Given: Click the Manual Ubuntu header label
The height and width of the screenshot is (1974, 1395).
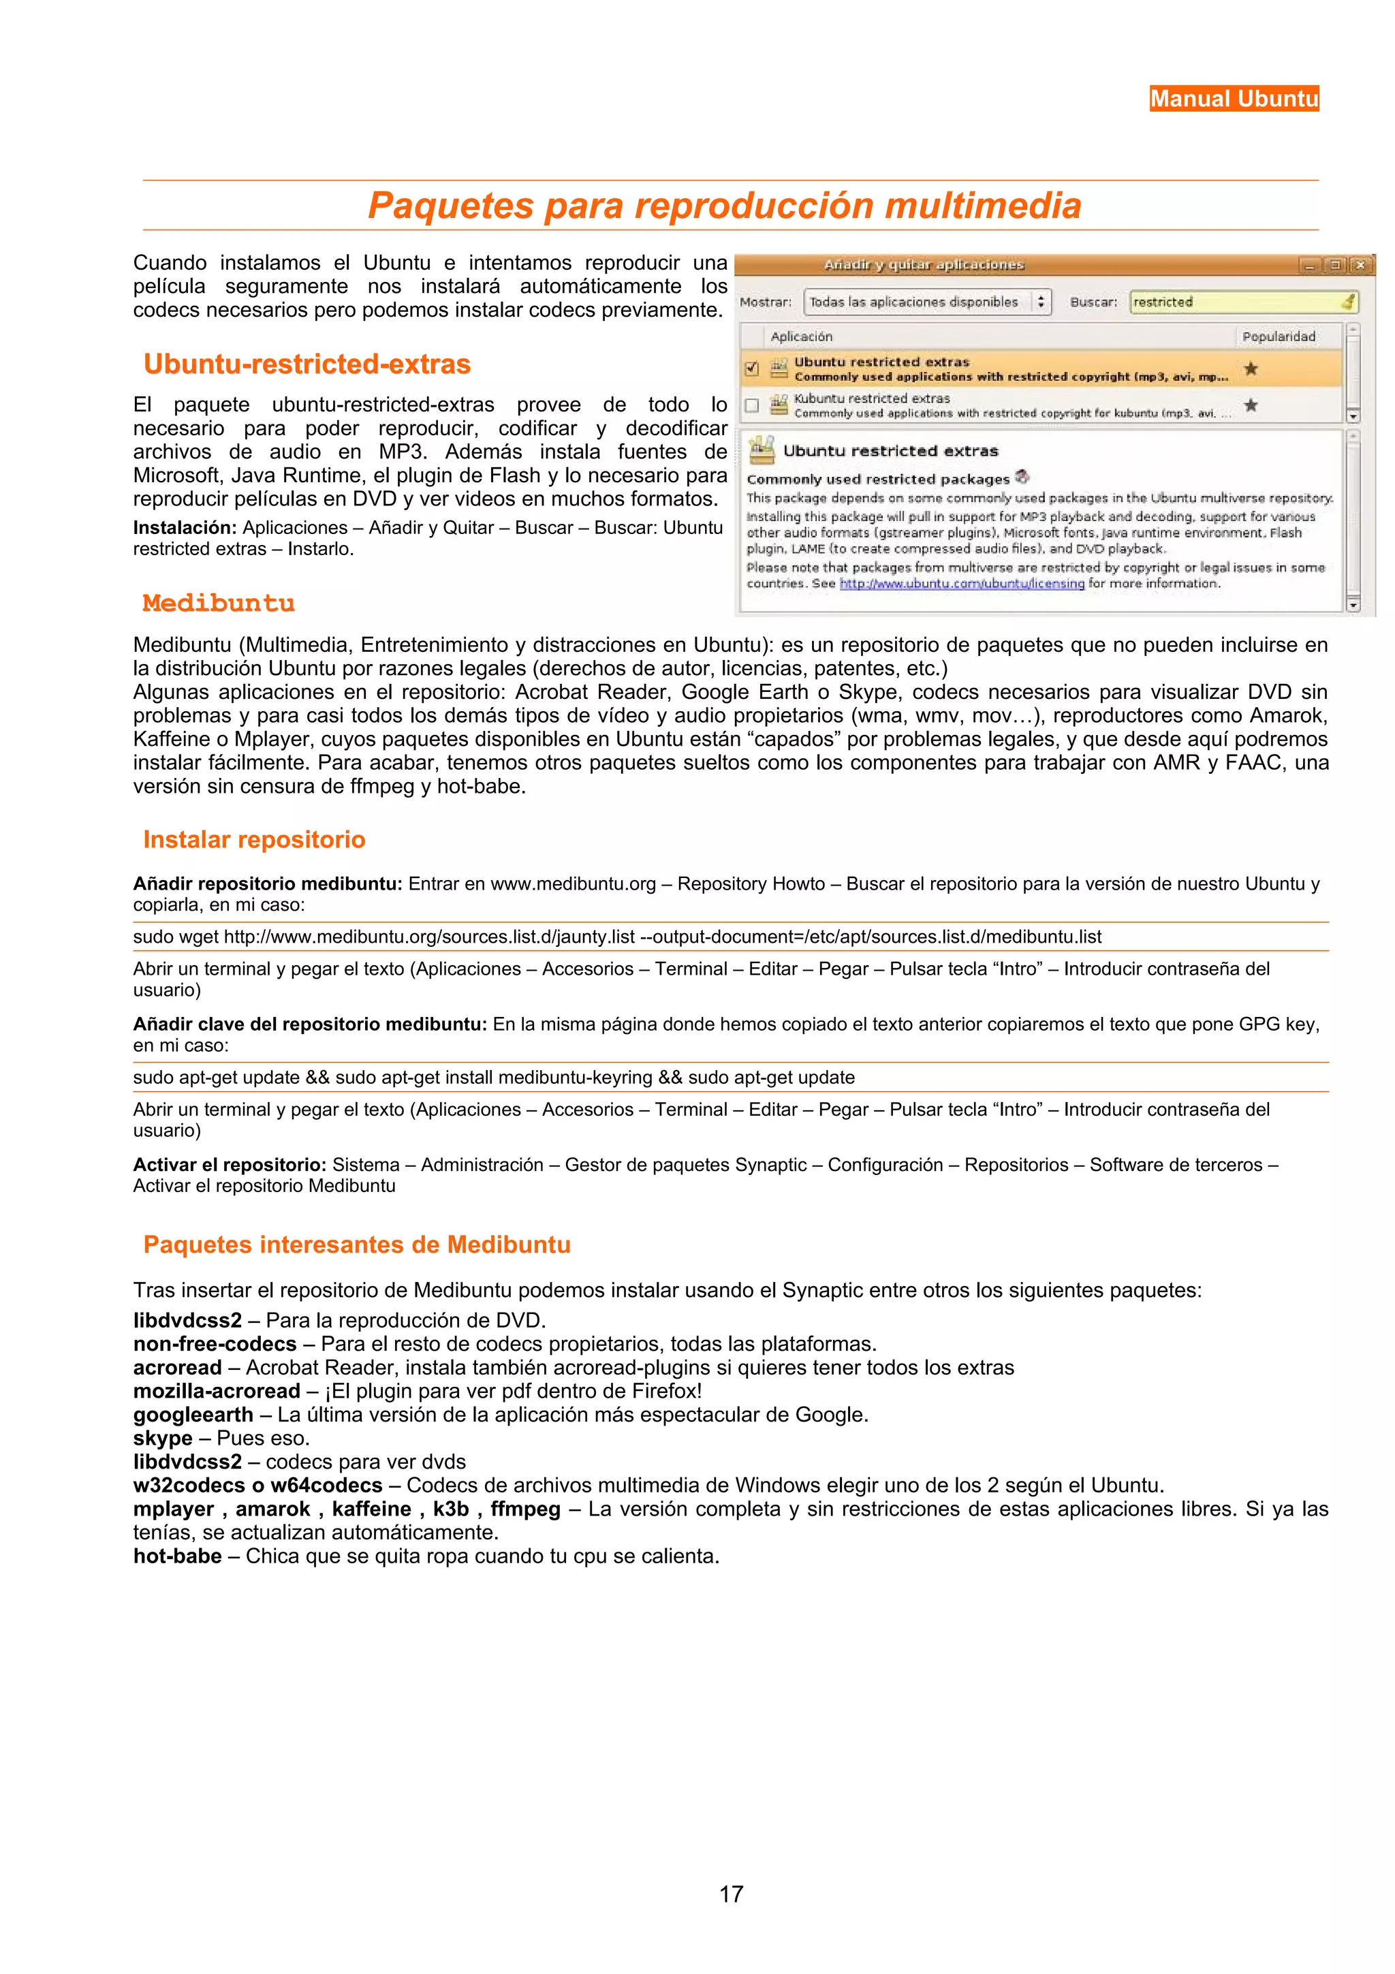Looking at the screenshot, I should [x=1234, y=99].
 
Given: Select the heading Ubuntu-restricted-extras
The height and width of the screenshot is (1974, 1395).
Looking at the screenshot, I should [x=307, y=364].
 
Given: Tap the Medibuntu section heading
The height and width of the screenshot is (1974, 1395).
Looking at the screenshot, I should [x=219, y=603].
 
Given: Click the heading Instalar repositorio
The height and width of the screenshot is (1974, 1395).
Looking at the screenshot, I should [x=255, y=839].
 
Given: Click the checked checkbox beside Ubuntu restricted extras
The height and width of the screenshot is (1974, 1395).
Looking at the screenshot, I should [x=752, y=369].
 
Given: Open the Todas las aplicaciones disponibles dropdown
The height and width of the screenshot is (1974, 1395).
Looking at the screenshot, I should [x=926, y=302].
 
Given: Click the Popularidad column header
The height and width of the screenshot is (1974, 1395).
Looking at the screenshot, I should [x=1278, y=336].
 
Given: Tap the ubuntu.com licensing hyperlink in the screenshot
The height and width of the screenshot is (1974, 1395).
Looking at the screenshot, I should [x=961, y=584].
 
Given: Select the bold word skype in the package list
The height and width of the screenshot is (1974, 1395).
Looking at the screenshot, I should [x=162, y=1439].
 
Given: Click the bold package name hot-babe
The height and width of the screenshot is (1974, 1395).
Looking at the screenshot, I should [x=177, y=1556].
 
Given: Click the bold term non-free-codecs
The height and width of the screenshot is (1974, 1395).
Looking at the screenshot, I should [x=214, y=1344].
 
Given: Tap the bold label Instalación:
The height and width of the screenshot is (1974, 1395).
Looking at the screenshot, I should [x=184, y=528].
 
